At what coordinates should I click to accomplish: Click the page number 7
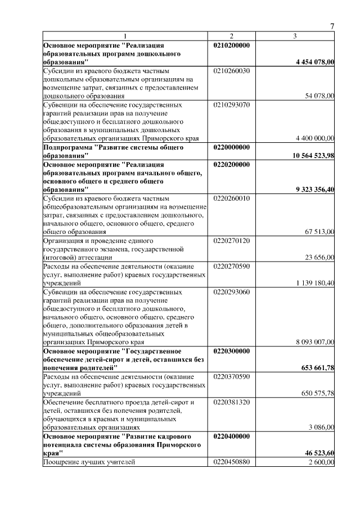coord(332,26)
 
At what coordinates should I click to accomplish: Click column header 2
coord(231,37)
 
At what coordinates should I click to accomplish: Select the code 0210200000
coord(232,44)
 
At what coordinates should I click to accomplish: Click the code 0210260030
coord(232,71)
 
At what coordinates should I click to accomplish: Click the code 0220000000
coord(232,147)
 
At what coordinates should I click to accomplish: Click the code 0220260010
coord(232,199)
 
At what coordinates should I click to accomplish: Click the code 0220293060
coord(232,292)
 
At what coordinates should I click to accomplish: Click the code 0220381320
coord(232,402)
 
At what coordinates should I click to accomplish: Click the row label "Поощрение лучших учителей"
coord(89,462)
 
